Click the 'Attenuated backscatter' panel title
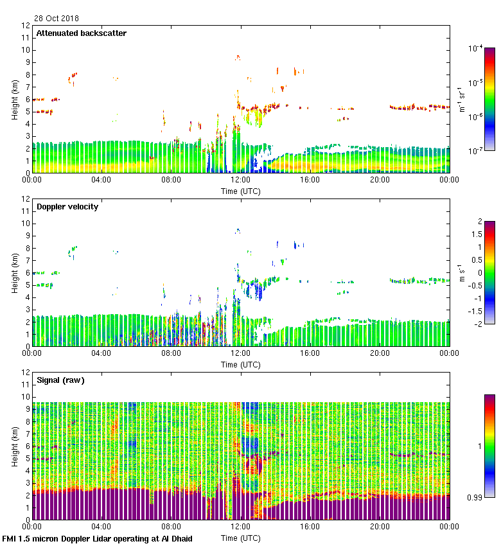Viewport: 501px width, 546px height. click(81, 33)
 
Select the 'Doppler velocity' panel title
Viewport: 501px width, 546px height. click(67, 207)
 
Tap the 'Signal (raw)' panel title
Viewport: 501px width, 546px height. click(60, 380)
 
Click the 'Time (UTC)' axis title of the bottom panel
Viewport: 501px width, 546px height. click(240, 538)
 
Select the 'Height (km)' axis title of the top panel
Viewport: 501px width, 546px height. click(15, 99)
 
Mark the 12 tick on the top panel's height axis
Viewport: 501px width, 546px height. click(26, 26)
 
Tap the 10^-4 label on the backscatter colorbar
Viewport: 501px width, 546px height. click(476, 49)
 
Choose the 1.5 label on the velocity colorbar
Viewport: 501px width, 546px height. click(480, 234)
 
